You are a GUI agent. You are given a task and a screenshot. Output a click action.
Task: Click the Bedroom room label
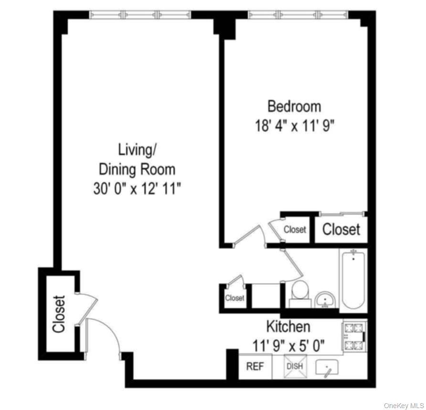(294, 105)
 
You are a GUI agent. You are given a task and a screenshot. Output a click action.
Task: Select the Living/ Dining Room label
(137, 159)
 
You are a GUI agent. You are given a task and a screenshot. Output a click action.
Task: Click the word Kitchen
(288, 327)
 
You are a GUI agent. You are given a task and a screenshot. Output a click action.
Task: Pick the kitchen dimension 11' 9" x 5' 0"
(289, 344)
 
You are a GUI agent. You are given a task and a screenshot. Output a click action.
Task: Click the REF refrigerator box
(255, 367)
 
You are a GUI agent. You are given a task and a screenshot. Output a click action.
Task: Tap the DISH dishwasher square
(294, 366)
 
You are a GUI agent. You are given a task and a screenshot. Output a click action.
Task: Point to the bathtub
(353, 280)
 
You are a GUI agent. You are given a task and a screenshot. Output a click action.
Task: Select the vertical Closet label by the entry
(58, 314)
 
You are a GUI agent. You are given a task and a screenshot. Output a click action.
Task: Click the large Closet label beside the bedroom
(341, 229)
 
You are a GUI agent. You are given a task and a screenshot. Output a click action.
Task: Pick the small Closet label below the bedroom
(295, 230)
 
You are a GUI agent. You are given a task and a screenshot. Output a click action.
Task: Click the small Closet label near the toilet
(235, 298)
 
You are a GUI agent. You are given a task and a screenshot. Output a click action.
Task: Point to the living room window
(140, 15)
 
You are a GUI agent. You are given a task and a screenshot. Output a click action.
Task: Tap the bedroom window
(298, 15)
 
